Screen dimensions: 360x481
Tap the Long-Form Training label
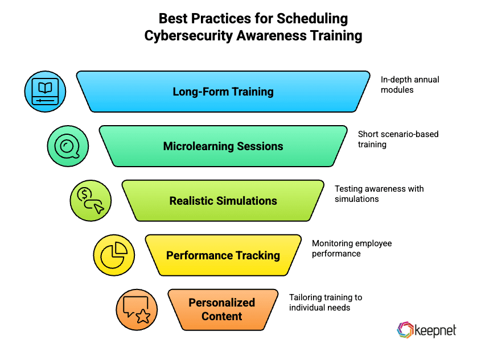(223, 92)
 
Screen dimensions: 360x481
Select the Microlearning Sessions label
(223, 146)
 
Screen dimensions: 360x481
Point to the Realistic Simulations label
(223, 201)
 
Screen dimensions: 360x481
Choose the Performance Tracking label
(223, 255)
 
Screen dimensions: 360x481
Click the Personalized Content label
(222, 309)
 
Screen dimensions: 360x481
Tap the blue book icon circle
(45, 92)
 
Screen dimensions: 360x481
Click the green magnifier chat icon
(68, 146)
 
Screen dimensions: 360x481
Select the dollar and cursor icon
(91, 201)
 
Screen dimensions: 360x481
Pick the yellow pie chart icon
(114, 255)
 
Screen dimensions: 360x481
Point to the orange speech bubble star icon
(137, 310)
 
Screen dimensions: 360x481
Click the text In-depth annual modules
(410, 85)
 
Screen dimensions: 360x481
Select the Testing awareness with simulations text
(379, 194)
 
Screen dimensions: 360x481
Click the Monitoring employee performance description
(351, 249)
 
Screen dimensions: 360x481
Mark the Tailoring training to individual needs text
(325, 303)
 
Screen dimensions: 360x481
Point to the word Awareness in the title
(275, 35)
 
